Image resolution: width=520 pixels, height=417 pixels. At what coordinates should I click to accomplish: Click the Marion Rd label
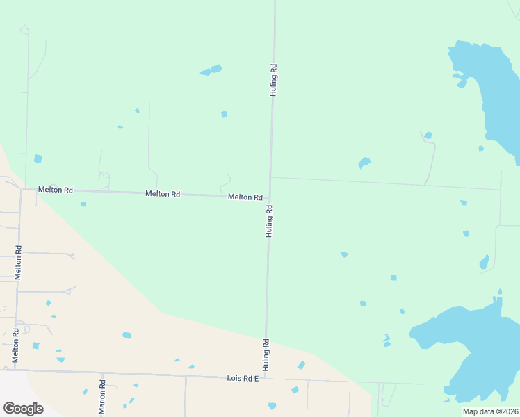click(x=102, y=395)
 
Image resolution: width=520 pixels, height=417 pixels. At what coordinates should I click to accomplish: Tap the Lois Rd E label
click(x=243, y=378)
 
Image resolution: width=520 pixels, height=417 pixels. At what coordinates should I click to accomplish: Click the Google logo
click(x=23, y=409)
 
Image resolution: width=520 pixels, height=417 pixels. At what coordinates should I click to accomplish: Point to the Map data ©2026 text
click(x=491, y=411)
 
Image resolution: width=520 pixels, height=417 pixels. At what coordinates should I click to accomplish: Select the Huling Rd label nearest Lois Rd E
click(x=266, y=354)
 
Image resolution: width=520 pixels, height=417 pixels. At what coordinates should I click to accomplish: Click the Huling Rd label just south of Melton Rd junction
click(x=268, y=221)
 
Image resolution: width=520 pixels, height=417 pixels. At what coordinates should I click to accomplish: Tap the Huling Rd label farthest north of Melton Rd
click(x=274, y=80)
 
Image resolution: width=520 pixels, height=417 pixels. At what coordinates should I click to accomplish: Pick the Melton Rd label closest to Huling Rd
click(x=245, y=197)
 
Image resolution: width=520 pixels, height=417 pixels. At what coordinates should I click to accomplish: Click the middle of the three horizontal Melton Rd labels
click(x=163, y=194)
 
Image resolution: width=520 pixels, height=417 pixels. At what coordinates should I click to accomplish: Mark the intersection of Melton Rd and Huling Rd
click(x=270, y=198)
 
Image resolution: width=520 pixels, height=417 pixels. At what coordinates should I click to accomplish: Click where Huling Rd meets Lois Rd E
click(x=264, y=379)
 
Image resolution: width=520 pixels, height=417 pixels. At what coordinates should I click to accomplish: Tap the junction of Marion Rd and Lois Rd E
click(x=103, y=375)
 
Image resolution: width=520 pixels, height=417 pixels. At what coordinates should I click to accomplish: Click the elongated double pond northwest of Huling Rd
click(x=211, y=70)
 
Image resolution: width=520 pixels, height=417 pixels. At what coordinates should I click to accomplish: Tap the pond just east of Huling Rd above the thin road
click(x=364, y=163)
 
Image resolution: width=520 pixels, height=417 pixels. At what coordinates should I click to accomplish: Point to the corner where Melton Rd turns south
click(x=21, y=190)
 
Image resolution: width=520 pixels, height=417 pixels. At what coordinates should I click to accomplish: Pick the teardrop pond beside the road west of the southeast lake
click(x=485, y=262)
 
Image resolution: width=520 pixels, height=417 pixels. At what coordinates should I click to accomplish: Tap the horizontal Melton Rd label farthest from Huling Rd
click(x=56, y=190)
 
